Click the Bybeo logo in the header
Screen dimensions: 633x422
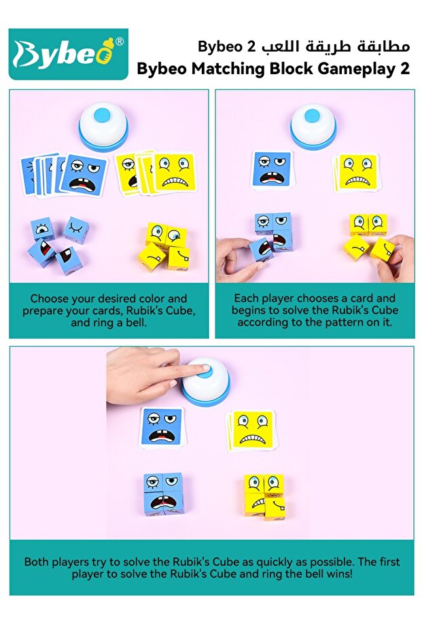coord(68,54)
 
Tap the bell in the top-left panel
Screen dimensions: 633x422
coord(103,126)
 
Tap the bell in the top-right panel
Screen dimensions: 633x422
coord(313,126)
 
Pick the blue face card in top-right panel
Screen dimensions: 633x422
coord(272,169)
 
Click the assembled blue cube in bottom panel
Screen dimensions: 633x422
coord(163,493)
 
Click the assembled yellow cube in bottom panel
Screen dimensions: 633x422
coord(264,496)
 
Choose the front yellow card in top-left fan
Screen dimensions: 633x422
coord(175,172)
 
